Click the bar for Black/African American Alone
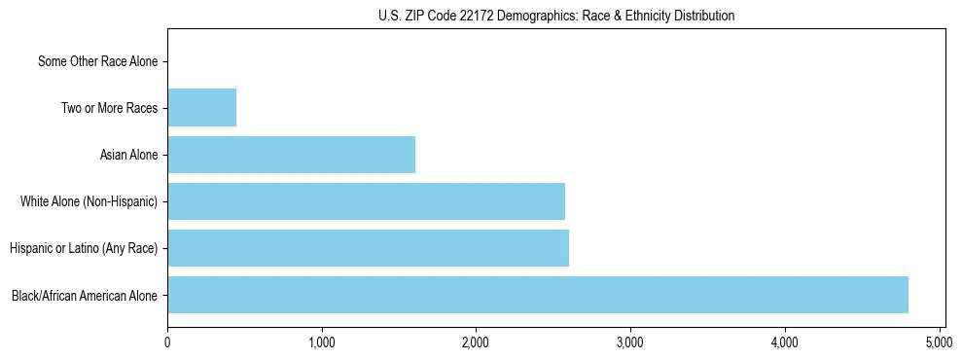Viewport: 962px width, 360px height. (537, 295)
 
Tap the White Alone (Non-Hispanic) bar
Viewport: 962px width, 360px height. (366, 201)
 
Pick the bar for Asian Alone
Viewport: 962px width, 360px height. (291, 155)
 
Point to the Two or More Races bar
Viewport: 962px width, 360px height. (201, 108)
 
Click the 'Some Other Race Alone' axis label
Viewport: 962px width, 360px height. (97, 61)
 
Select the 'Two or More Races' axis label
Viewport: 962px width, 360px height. (109, 108)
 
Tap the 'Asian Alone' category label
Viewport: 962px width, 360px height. (128, 155)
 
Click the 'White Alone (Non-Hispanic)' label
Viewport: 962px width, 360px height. (89, 201)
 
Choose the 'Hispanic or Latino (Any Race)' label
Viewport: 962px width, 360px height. (84, 248)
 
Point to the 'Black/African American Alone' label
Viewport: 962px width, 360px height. (85, 295)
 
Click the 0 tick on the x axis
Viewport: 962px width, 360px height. (167, 342)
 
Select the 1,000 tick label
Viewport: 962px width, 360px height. (321, 342)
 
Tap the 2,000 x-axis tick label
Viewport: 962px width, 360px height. (476, 342)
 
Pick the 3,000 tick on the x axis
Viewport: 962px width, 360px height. (630, 342)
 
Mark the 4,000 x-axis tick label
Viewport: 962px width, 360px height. (784, 342)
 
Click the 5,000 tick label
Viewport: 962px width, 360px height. (939, 342)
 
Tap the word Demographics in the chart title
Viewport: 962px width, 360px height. (524, 16)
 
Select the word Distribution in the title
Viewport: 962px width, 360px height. (699, 16)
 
